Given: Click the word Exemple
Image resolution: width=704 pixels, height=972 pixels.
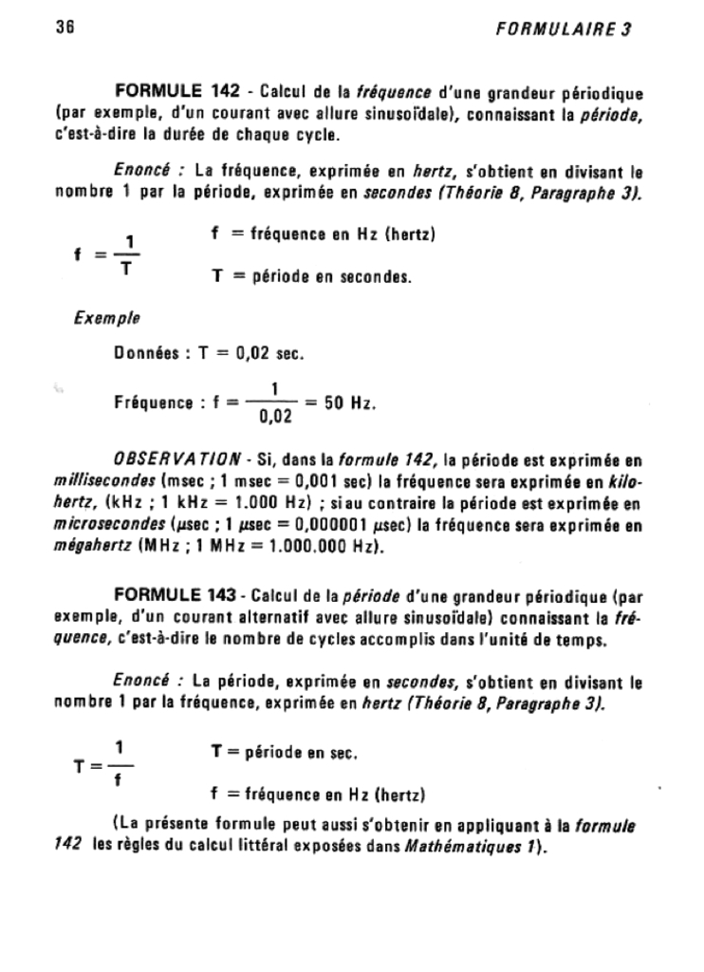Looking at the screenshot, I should [100, 318].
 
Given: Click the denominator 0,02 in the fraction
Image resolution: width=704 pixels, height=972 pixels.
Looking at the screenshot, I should [274, 415].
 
